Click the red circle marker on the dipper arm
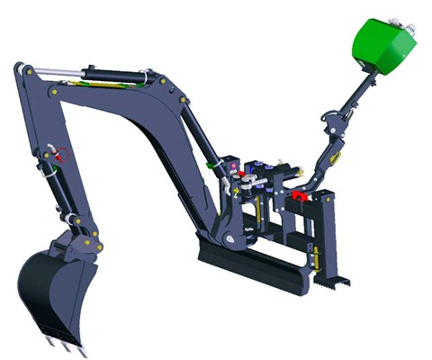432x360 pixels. point(62,154)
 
